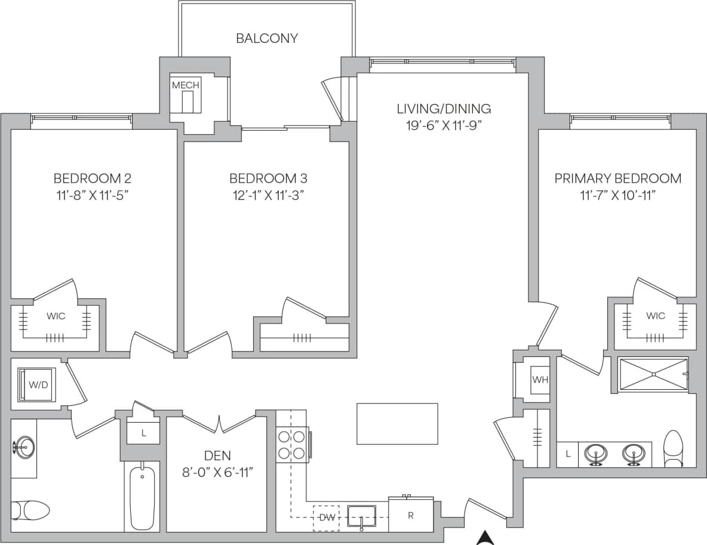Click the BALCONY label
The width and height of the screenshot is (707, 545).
tap(266, 39)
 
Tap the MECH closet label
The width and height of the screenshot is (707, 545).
tap(186, 85)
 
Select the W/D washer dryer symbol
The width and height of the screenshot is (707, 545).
tap(38, 384)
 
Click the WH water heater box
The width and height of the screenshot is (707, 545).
tap(540, 380)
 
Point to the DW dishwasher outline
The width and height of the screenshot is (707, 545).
tap(327, 518)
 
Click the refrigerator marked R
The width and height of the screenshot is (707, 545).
tap(411, 515)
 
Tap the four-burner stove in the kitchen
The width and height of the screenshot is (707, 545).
tap(291, 445)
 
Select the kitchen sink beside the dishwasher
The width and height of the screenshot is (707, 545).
tap(361, 516)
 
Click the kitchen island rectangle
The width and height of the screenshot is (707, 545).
tap(397, 424)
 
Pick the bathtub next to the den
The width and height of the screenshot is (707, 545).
tap(142, 497)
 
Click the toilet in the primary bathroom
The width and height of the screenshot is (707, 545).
tap(673, 449)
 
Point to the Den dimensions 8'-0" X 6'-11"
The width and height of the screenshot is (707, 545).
tap(217, 472)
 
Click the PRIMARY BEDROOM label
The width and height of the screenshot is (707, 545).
tap(617, 178)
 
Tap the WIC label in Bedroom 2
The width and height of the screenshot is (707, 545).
tap(56, 316)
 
